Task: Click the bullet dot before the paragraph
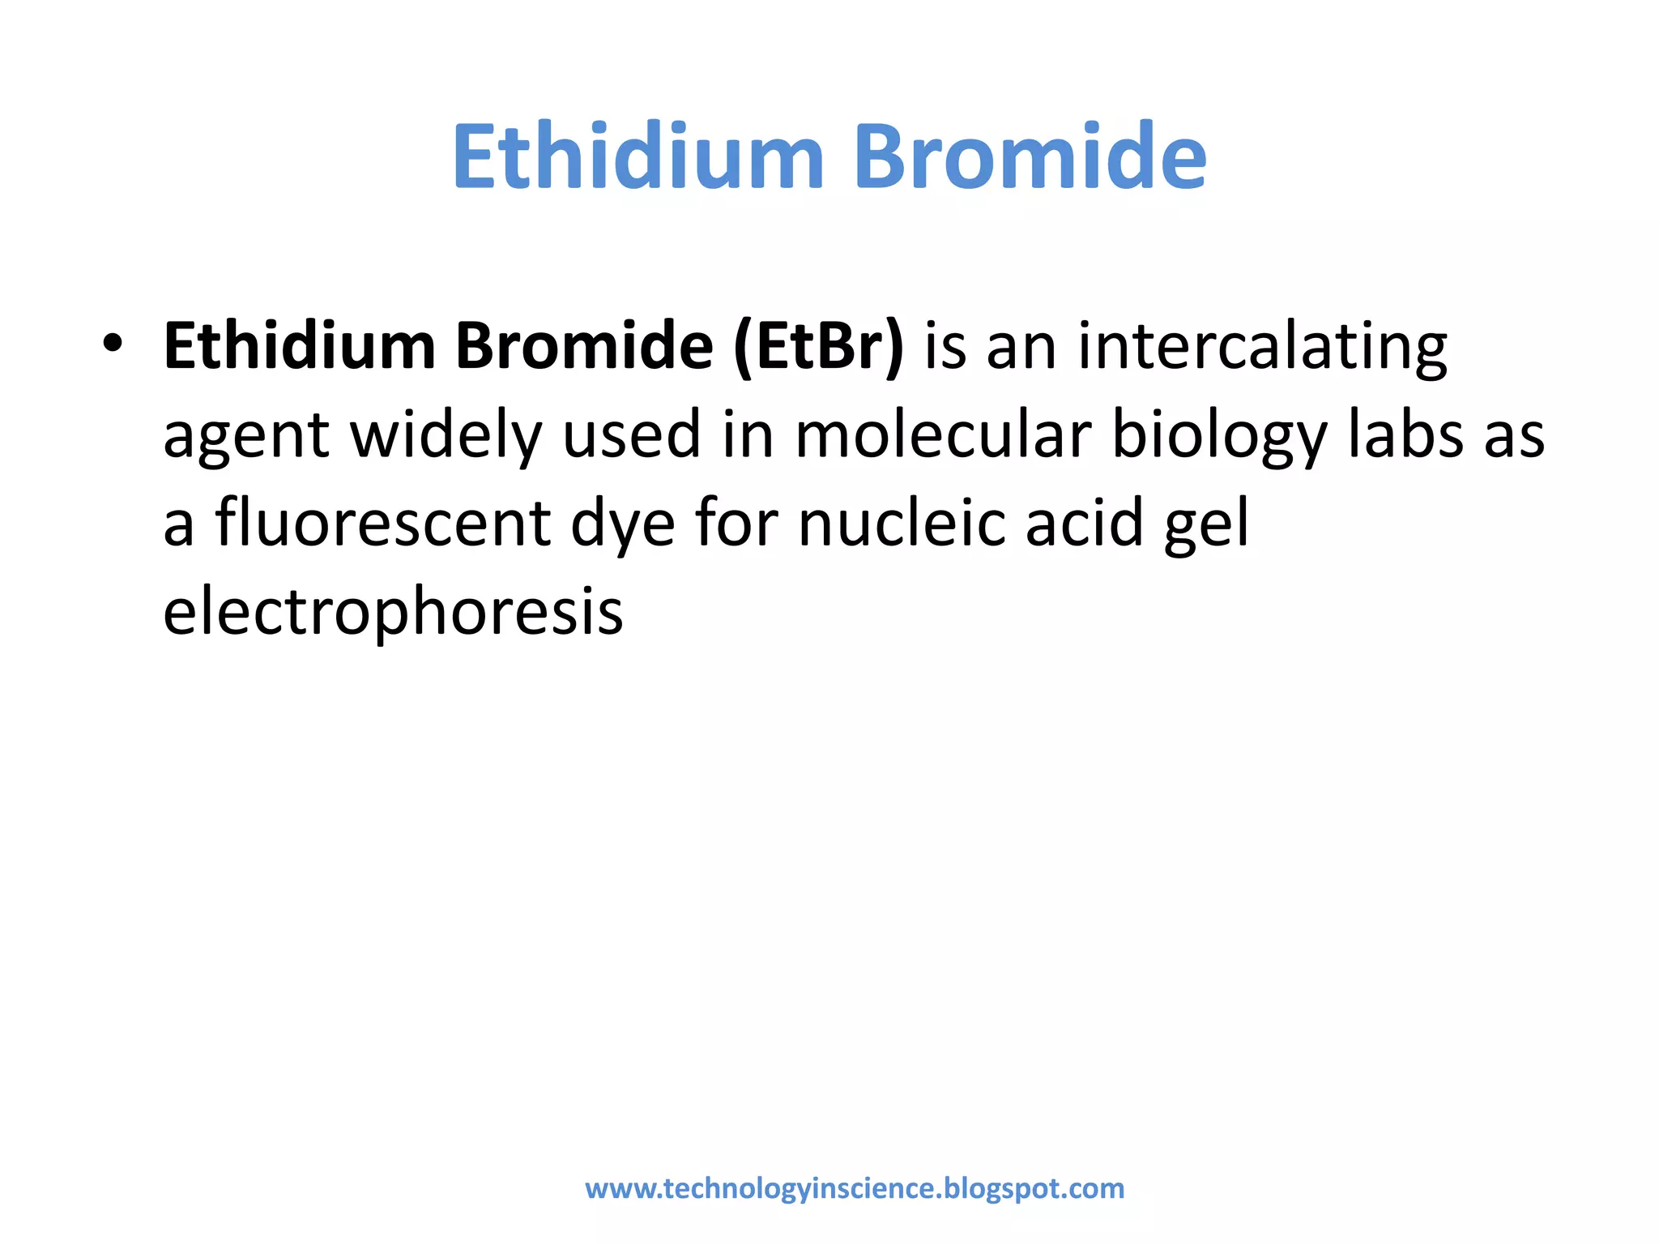[x=113, y=344]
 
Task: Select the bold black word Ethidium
[x=299, y=347]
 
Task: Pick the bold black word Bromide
[x=584, y=347]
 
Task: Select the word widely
[x=446, y=436]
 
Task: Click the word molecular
[x=944, y=434]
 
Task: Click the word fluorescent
[x=383, y=523]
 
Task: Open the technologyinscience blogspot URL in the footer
[x=855, y=1188]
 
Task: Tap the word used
[x=632, y=434]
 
